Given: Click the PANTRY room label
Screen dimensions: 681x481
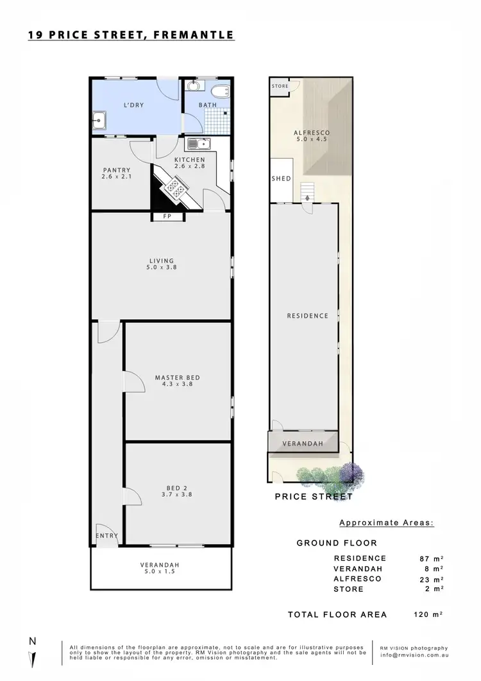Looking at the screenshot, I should click(117, 170).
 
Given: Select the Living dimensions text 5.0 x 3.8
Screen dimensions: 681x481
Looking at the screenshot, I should click(162, 269).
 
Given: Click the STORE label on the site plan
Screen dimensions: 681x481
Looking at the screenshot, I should click(280, 86).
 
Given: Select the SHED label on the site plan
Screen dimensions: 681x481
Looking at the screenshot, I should click(281, 178).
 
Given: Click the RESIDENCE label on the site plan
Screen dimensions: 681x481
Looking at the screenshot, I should click(307, 316).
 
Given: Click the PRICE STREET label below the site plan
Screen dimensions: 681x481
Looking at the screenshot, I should click(314, 496).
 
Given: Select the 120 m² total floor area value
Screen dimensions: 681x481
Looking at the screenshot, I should click(428, 614).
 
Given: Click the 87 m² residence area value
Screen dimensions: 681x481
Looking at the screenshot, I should click(430, 558).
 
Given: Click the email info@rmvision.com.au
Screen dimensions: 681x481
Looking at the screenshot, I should click(412, 656).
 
